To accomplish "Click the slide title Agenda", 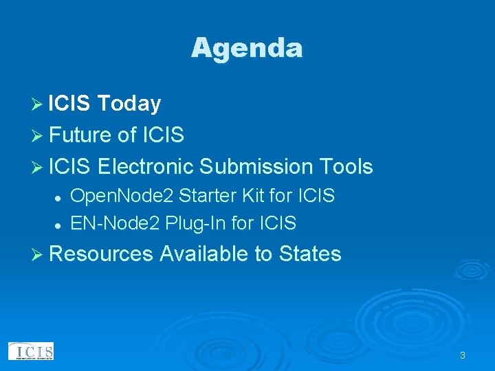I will pyautogui.click(x=247, y=48).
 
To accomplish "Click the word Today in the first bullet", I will pyautogui.click(x=129, y=104).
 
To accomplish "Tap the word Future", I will pyautogui.click(x=80, y=135).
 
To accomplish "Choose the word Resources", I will pyautogui.click(x=101, y=254).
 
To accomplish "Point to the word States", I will pyautogui.click(x=310, y=254).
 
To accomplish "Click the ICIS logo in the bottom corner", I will pyautogui.click(x=31, y=351).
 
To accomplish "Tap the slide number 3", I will pyautogui.click(x=462, y=355).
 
